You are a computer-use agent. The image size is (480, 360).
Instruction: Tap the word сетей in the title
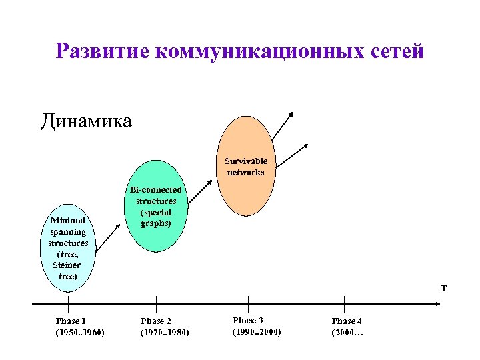click(396, 51)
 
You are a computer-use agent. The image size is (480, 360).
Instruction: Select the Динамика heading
click(86, 121)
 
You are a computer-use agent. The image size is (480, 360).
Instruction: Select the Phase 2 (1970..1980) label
click(165, 327)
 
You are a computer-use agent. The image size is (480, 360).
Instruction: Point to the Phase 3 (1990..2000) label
click(257, 326)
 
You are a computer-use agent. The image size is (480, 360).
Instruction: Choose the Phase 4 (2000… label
click(347, 327)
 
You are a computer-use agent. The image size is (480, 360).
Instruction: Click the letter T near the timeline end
click(443, 289)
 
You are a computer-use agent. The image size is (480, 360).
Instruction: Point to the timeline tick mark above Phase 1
click(68, 303)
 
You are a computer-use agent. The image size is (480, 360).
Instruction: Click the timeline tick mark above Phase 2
click(156, 303)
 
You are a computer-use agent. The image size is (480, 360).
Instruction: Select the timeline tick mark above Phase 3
click(248, 303)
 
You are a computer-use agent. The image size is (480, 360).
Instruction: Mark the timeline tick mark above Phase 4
click(345, 303)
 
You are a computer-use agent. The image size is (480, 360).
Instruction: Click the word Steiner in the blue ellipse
click(67, 265)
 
